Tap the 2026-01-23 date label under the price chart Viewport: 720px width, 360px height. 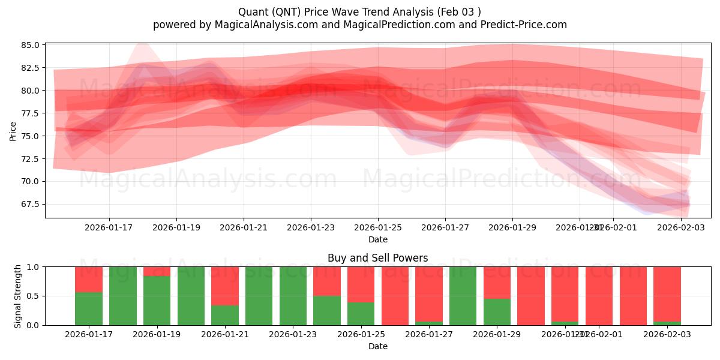tap(310, 228)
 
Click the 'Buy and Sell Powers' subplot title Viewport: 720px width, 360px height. tap(377, 258)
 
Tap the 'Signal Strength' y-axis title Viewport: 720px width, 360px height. tap(18, 296)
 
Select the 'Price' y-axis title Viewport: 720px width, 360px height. tap(13, 131)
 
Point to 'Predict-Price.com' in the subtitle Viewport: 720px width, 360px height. tap(526, 25)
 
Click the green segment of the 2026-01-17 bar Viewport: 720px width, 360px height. tap(89, 308)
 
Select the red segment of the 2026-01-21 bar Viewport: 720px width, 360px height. tap(225, 286)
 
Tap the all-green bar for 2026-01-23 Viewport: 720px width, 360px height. tap(293, 296)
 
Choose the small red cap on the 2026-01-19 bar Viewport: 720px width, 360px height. tap(157, 271)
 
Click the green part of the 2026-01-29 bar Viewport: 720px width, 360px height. tap(497, 311)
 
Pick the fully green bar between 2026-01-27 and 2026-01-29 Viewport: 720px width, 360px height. tap(463, 296)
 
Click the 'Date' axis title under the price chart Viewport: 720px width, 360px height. tap(377, 239)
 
